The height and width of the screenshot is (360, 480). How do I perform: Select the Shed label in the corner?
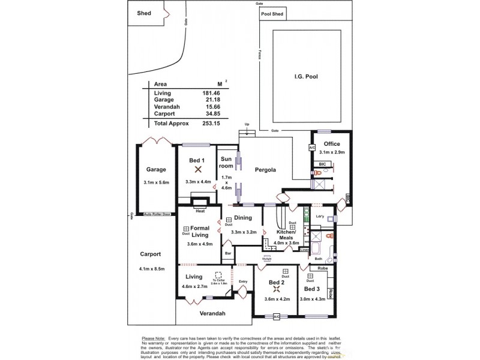(x=144, y=13)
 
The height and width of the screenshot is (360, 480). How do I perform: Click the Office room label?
(x=332, y=144)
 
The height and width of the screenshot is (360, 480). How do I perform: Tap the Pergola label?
(x=265, y=170)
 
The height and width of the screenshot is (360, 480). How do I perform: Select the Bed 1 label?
(x=197, y=160)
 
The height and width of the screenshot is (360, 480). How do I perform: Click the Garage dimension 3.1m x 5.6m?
(x=157, y=182)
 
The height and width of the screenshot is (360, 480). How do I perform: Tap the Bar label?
(x=228, y=254)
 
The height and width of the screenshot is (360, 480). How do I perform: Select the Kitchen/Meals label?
(x=286, y=235)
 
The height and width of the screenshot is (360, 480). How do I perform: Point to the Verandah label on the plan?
(x=212, y=314)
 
